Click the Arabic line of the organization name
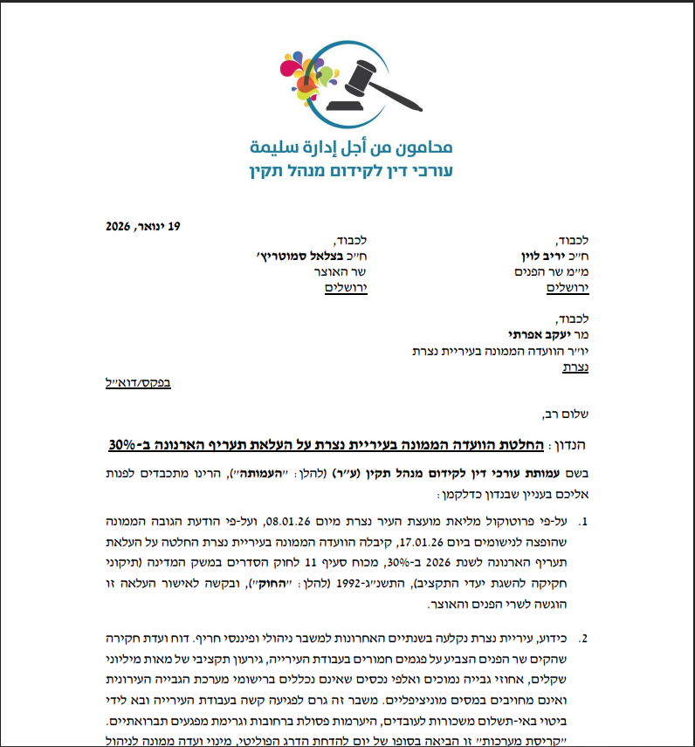(351, 145)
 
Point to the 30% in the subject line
(127, 445)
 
